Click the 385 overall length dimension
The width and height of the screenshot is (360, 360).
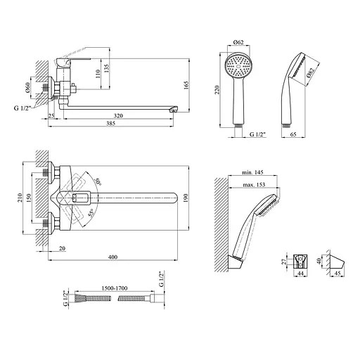[110, 123]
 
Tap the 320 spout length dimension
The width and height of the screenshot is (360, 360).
[118, 116]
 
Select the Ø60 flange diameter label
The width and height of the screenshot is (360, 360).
[28, 87]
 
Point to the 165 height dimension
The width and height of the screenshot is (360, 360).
[186, 85]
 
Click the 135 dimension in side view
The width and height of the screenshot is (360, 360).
[106, 68]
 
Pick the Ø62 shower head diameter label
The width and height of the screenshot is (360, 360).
[238, 42]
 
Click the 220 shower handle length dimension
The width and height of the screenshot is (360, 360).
[217, 90]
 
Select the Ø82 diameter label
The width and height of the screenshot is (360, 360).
[310, 73]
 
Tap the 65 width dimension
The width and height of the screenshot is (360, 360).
[293, 134]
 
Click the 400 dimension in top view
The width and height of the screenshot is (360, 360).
[112, 257]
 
